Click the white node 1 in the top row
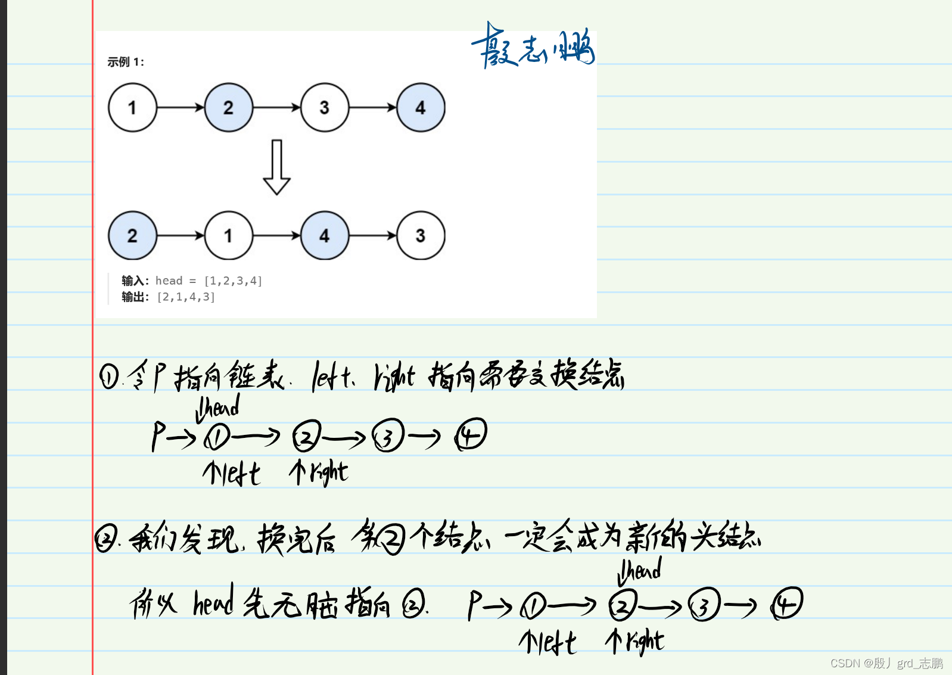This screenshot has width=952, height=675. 132,108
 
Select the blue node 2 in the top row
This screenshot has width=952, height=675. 229,108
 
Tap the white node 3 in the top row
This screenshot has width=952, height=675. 325,108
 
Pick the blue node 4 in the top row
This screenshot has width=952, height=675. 421,108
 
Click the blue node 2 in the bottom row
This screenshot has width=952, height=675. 132,236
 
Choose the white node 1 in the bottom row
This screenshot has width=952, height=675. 229,236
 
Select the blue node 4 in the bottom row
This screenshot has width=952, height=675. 325,236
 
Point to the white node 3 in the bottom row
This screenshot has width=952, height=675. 421,236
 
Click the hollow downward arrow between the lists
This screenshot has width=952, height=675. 276,167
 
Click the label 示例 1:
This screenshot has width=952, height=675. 126,62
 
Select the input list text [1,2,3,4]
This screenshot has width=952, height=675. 233,281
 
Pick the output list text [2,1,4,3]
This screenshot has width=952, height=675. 185,297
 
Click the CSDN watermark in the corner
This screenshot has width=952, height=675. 886,663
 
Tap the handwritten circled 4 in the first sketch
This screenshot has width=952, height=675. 472,434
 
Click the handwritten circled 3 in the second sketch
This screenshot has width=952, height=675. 704,605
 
